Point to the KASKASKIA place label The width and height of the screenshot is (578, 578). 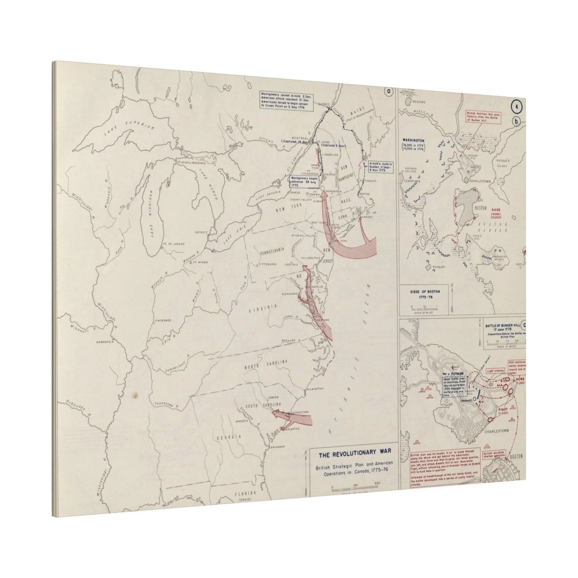105,341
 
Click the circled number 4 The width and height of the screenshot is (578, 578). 517,108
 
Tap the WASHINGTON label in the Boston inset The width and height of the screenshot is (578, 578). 414,140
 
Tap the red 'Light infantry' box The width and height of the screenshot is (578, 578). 495,371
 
